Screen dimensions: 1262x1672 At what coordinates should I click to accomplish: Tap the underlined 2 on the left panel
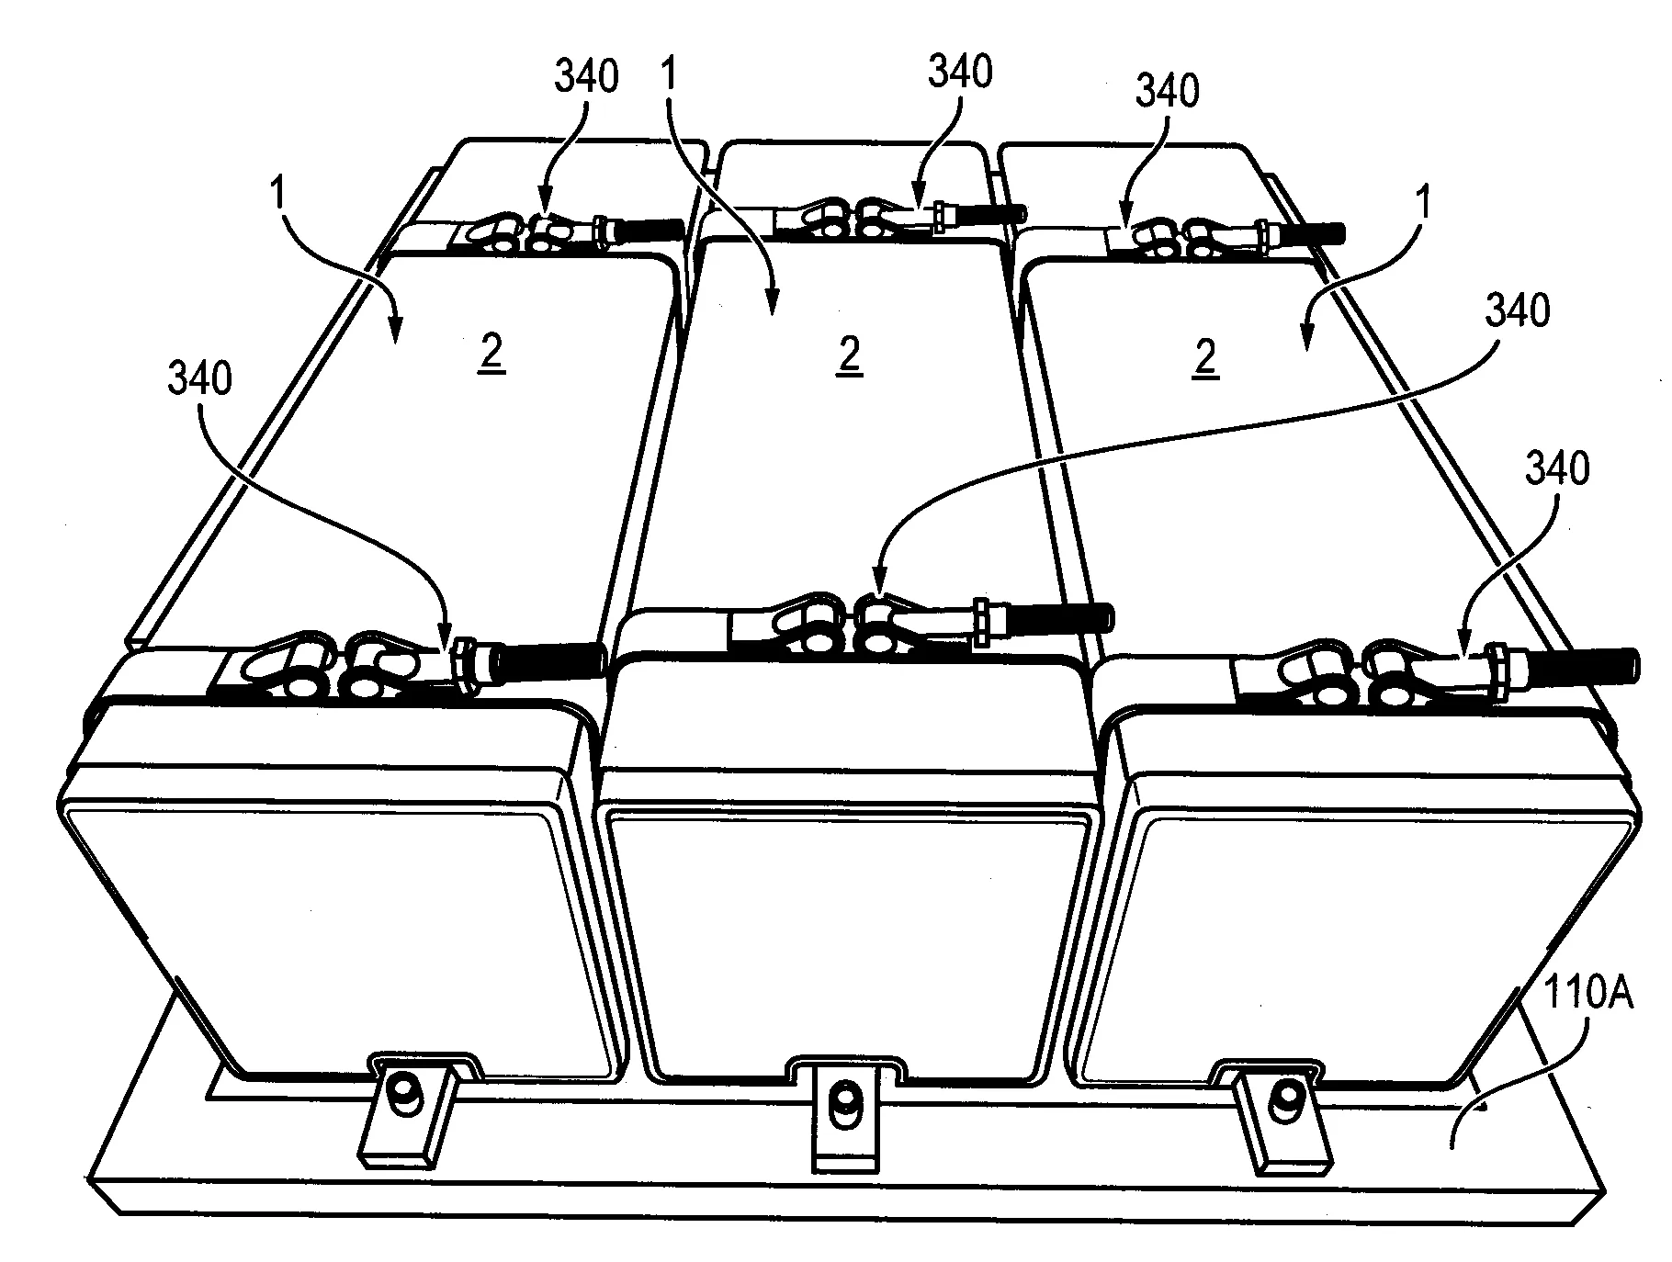click(491, 356)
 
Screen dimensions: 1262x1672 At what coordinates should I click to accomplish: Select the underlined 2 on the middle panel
click(850, 356)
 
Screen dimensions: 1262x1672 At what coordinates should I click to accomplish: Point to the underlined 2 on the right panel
click(1204, 356)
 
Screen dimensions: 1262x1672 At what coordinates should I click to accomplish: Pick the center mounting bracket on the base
click(841, 1117)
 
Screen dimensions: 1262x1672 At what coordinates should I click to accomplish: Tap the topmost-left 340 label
click(586, 76)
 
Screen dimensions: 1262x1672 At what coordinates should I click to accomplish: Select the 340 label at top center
click(960, 71)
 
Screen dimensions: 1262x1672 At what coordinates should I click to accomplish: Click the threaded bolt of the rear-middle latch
click(992, 214)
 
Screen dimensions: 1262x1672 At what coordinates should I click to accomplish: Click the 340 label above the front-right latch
click(1557, 469)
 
